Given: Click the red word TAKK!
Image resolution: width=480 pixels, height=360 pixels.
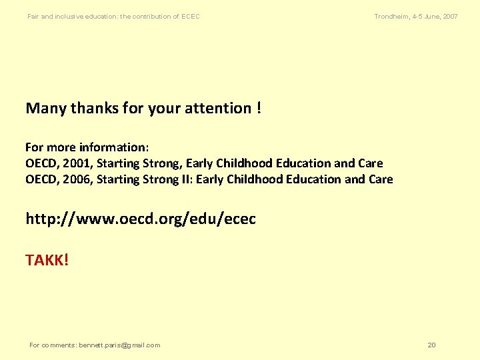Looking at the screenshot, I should [47, 260].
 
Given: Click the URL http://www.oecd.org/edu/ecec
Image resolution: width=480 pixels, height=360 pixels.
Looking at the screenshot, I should [141, 219].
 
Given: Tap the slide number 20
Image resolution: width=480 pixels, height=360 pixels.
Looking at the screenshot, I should [431, 345].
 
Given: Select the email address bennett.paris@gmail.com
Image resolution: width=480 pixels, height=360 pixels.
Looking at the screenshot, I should [119, 345].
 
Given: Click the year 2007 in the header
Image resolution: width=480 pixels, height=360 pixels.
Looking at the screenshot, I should [450, 16].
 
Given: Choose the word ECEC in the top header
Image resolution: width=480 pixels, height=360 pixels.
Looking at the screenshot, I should [191, 16].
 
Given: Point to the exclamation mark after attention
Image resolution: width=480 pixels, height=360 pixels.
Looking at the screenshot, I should [258, 108].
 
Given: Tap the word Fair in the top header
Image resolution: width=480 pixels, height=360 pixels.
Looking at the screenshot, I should [33, 16].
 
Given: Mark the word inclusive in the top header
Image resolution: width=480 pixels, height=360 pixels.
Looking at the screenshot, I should [69, 16].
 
